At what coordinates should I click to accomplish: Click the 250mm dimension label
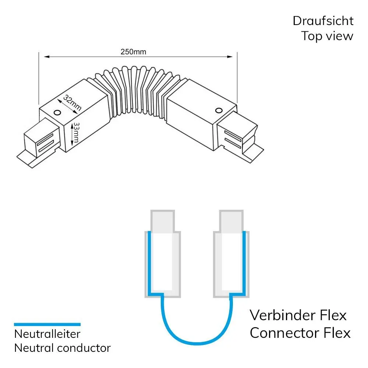133,52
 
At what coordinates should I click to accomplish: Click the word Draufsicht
323,21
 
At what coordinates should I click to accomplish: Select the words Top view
327,36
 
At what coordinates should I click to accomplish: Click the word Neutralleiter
47,334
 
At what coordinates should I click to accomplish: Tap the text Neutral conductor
62,348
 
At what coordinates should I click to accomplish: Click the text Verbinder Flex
298,315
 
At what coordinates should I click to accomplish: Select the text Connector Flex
300,333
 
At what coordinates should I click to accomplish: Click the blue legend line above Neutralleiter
47,325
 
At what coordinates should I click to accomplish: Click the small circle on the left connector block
57,113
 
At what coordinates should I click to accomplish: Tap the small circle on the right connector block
218,110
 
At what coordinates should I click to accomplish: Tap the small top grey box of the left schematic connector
162,221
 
